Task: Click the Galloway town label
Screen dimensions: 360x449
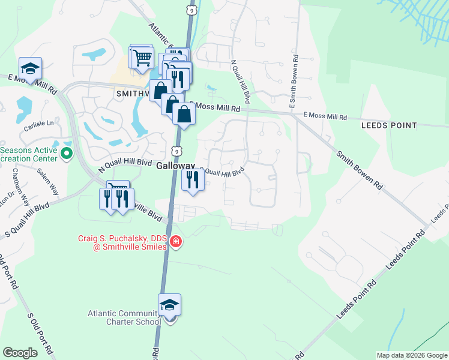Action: point(176,166)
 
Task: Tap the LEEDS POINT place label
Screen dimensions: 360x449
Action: point(389,125)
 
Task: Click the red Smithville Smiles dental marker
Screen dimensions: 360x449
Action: point(176,242)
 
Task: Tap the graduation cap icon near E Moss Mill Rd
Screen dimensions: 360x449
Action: point(29,68)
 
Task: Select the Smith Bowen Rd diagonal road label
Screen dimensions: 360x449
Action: point(359,170)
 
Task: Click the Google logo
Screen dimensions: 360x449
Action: point(20,353)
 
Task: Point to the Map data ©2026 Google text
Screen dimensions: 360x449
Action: point(412,355)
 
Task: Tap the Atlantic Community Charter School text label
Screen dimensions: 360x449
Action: point(124,317)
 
